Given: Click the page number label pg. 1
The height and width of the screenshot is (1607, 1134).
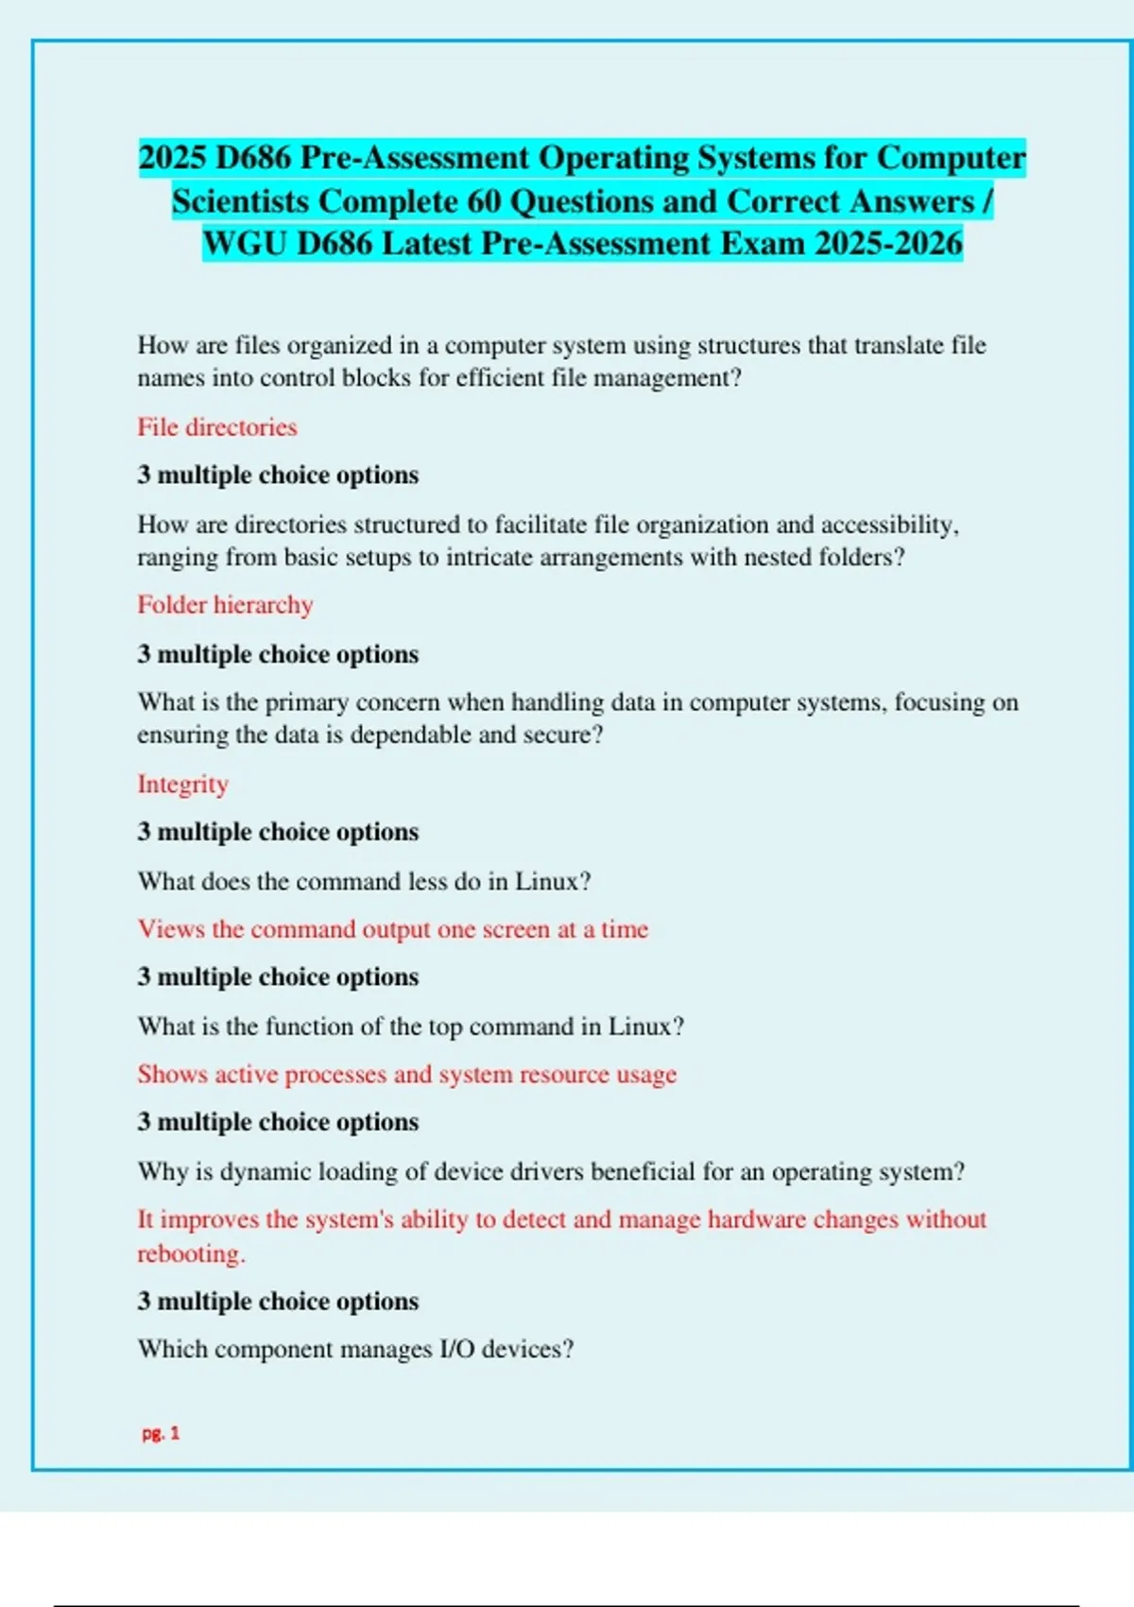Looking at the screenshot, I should [x=161, y=1433].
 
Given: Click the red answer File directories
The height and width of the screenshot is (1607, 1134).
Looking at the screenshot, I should [x=216, y=427].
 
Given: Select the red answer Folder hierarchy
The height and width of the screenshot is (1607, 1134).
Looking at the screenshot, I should [x=225, y=605].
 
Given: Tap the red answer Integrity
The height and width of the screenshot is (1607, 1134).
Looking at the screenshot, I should [x=182, y=784].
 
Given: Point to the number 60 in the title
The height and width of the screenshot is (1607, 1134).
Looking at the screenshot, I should [x=484, y=201].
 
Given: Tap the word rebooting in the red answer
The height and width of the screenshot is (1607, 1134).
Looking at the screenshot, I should [x=190, y=1253].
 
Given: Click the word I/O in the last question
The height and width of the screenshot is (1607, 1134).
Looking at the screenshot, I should [x=457, y=1349].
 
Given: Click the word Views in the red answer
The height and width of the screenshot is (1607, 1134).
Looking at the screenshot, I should [x=171, y=929].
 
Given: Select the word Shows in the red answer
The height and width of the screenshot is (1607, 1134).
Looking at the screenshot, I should [x=172, y=1075].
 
